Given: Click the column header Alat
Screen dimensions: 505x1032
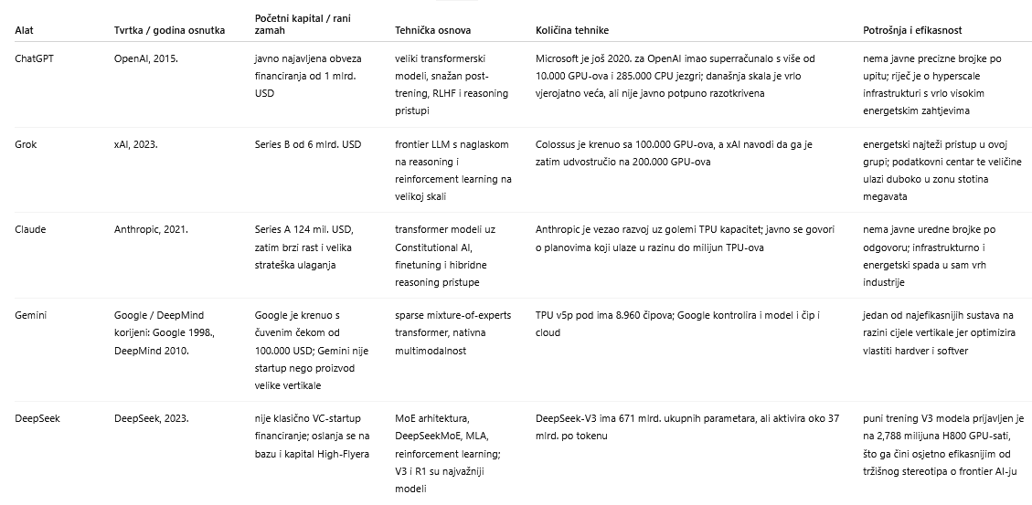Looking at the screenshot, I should click(24, 30).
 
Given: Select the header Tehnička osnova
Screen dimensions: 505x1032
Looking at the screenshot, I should click(432, 30).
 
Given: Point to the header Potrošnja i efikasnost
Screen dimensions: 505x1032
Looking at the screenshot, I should click(912, 30).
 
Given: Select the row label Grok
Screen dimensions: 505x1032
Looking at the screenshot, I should click(27, 144).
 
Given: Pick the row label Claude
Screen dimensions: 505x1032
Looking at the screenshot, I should click(30, 229).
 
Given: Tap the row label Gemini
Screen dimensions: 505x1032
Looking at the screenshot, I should click(31, 315).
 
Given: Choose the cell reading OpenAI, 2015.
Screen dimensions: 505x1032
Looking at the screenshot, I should click(146, 58).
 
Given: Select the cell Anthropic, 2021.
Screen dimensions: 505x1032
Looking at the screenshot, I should click(151, 229).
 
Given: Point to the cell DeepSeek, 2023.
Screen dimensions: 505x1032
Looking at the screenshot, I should click(151, 418).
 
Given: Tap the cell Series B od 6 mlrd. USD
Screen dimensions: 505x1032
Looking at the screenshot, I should click(308, 144).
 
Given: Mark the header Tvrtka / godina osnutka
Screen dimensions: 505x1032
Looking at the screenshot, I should click(169, 30).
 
